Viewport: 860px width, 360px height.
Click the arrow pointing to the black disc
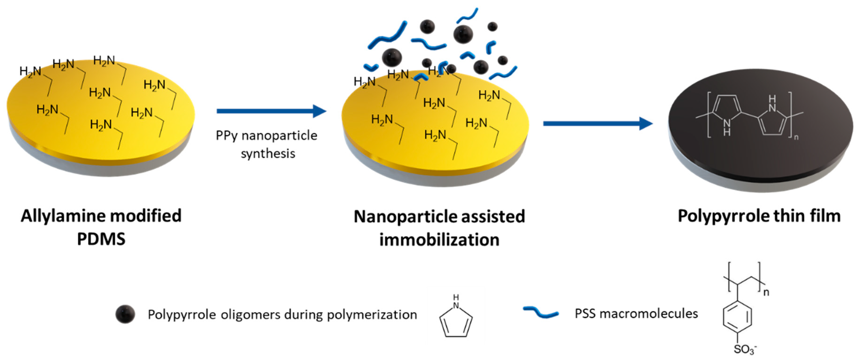(x=598, y=124)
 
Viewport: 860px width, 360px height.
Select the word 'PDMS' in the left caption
(x=101, y=239)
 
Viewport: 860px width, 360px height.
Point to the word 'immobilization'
(x=439, y=240)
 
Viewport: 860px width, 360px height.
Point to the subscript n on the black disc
(x=796, y=137)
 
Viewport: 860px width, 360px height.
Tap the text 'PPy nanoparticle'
(x=266, y=136)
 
